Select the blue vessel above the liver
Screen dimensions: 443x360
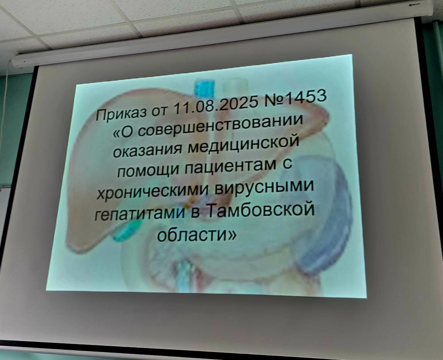click(205, 89)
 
